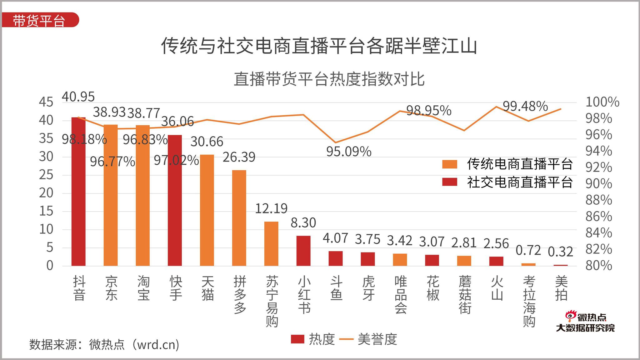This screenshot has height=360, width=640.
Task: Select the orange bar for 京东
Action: [111, 195]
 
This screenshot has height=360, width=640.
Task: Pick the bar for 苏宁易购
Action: [271, 244]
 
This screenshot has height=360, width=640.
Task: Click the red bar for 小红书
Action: [303, 251]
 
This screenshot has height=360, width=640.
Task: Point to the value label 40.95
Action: [78, 97]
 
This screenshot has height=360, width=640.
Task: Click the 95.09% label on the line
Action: [349, 152]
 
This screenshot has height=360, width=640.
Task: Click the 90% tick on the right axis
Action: [598, 184]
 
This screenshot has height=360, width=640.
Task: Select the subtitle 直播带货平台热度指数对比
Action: [329, 79]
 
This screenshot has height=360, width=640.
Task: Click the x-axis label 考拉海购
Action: [529, 301]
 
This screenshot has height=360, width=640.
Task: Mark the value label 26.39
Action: [239, 157]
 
